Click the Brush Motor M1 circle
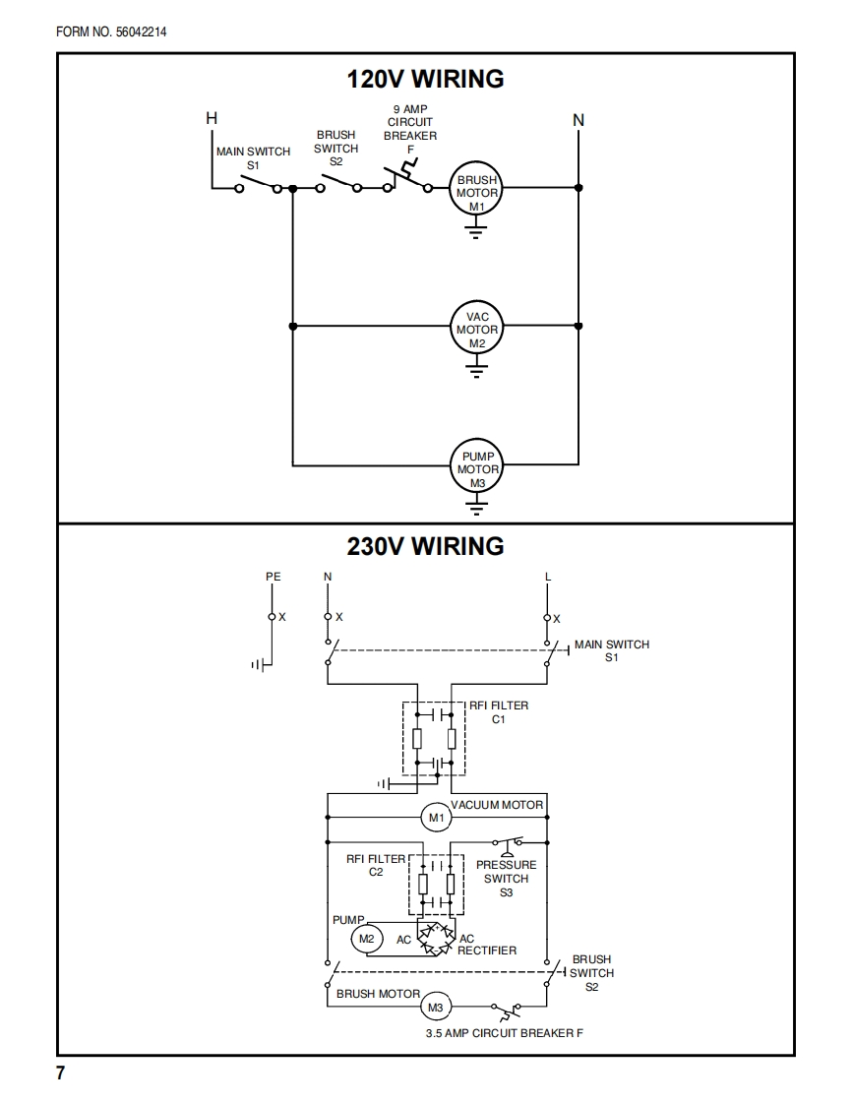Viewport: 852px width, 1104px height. click(477, 188)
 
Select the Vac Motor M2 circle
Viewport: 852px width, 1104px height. click(477, 326)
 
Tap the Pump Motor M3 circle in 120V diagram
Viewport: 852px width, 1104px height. click(477, 464)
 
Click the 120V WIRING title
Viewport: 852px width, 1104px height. click(425, 78)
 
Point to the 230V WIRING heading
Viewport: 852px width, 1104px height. click(425, 546)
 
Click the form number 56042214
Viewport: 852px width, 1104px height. click(141, 31)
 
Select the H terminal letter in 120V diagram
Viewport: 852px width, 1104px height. click(212, 118)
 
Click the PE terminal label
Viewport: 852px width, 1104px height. click(274, 577)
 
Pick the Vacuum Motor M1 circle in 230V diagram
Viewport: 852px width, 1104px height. click(437, 818)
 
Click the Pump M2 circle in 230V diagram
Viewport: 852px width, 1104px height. click(366, 939)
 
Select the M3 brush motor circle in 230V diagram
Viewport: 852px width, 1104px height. click(436, 1008)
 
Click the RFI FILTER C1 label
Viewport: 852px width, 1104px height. click(499, 711)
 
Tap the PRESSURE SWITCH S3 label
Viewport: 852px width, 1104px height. click(507, 878)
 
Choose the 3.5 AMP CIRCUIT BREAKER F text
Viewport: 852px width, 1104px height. click(504, 1033)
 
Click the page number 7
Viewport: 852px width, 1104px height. click(61, 1073)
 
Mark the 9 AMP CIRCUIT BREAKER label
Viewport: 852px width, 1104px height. click(410, 129)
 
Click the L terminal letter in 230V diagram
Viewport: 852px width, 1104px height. click(548, 577)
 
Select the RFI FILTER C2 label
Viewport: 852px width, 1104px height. click(376, 865)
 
